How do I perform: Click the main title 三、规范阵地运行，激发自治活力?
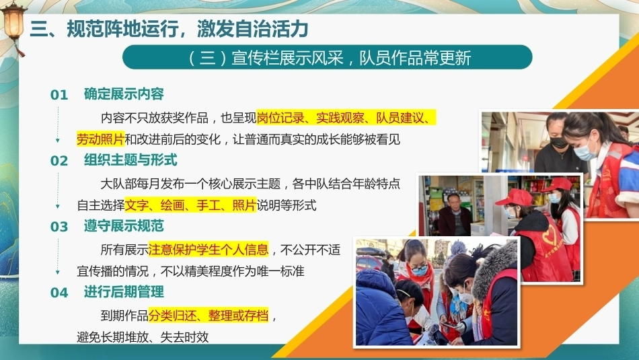tap(169, 29)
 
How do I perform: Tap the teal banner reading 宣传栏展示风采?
tap(328, 57)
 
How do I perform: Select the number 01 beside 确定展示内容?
tap(59, 95)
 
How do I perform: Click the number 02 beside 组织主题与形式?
tap(59, 161)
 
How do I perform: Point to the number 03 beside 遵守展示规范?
tap(59, 227)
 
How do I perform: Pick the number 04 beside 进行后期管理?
tap(59, 292)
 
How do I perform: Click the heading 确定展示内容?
tap(124, 94)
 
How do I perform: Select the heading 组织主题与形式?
tap(130, 160)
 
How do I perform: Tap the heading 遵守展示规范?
tap(124, 226)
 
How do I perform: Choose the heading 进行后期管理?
tap(124, 291)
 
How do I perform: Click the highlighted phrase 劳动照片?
tap(101, 139)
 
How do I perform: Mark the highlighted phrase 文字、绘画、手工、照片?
tap(191, 205)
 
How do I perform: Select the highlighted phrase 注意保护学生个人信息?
tap(209, 249)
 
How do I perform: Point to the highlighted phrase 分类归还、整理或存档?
tap(209, 315)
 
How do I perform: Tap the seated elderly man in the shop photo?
tap(454, 215)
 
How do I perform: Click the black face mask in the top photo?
tap(558, 143)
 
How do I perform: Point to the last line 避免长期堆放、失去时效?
tap(143, 337)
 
